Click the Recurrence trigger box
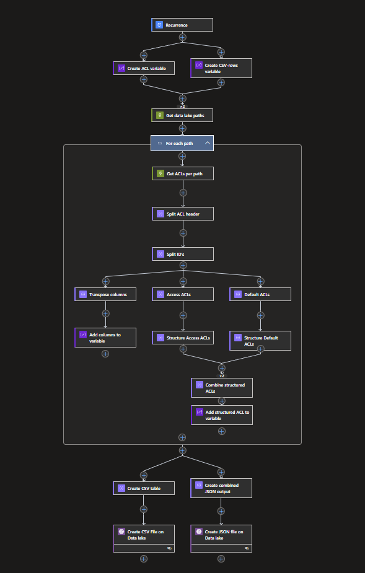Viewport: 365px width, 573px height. [x=182, y=25]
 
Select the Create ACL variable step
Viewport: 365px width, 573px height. [x=144, y=68]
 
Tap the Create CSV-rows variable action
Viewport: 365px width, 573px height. [x=221, y=68]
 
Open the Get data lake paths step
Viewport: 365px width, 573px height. [x=182, y=115]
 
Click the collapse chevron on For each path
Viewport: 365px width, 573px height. [x=208, y=143]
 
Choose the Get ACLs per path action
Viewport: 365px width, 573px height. [x=183, y=173]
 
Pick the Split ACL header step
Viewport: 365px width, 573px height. [x=183, y=214]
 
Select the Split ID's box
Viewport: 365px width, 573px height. [x=183, y=254]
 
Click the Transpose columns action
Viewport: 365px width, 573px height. [x=105, y=294]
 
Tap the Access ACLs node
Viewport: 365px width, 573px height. [x=183, y=294]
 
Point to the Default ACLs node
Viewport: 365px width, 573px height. [x=260, y=294]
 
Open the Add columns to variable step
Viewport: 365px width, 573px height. [x=105, y=338]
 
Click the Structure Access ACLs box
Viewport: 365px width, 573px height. [x=183, y=338]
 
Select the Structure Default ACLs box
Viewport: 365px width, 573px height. [x=260, y=341]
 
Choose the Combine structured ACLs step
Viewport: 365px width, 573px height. [x=222, y=388]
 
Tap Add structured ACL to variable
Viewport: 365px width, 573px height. [x=222, y=415]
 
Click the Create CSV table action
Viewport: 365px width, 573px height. [x=144, y=488]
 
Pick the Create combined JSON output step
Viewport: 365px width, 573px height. [x=221, y=488]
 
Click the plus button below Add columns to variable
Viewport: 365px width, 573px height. [x=105, y=354]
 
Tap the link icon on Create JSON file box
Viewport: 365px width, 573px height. [x=247, y=548]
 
